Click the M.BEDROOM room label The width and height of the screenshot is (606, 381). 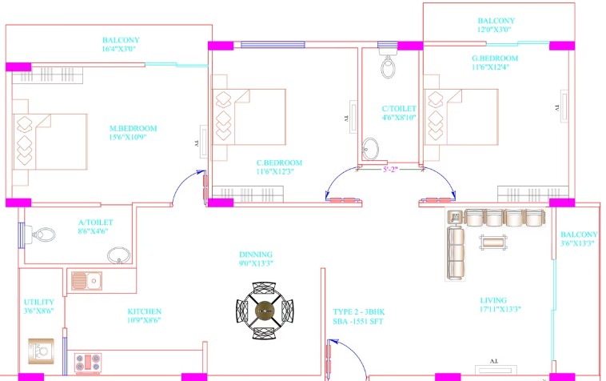(134, 128)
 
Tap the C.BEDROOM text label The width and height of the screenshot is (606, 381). (280, 162)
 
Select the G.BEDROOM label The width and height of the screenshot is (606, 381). (495, 58)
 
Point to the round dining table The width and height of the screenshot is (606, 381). (265, 311)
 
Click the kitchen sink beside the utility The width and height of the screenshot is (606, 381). (87, 280)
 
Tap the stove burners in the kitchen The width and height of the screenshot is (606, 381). (88, 363)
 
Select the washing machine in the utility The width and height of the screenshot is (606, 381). (41, 351)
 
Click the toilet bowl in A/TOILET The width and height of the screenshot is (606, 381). (40, 235)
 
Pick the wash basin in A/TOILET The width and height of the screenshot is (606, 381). (118, 256)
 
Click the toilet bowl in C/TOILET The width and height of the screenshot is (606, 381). (388, 65)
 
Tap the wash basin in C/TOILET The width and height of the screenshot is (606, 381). (371, 149)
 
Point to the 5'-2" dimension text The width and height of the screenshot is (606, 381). (390, 170)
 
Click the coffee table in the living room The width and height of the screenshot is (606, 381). (492, 243)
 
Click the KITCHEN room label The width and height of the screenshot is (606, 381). (145, 311)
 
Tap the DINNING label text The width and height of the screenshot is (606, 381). (256, 255)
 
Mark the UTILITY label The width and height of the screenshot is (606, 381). (39, 302)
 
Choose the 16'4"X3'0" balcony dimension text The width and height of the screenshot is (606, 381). (119, 49)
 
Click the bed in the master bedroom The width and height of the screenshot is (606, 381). (50, 142)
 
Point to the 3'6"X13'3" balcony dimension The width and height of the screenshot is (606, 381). (577, 243)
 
